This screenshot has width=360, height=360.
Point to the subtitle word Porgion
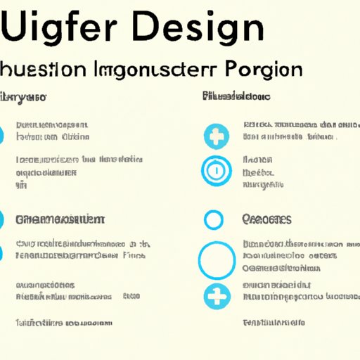pyautogui.click(x=262, y=72)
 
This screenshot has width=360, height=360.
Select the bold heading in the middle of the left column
pyautogui.click(x=60, y=219)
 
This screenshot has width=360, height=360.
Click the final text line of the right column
pyautogui.click(x=274, y=323)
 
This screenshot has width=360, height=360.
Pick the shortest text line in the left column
pyautogui.click(x=21, y=185)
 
